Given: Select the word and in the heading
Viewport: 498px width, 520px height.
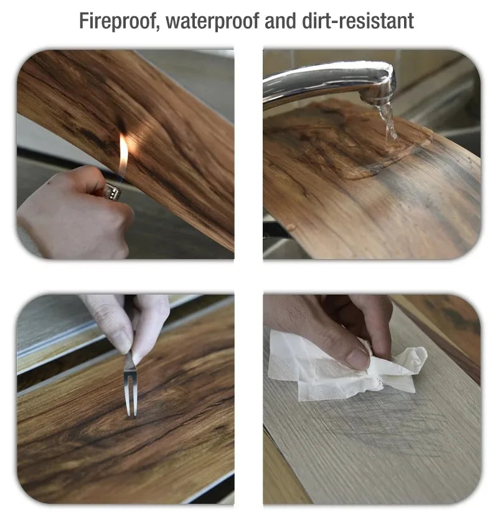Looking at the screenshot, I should pos(281,21).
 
